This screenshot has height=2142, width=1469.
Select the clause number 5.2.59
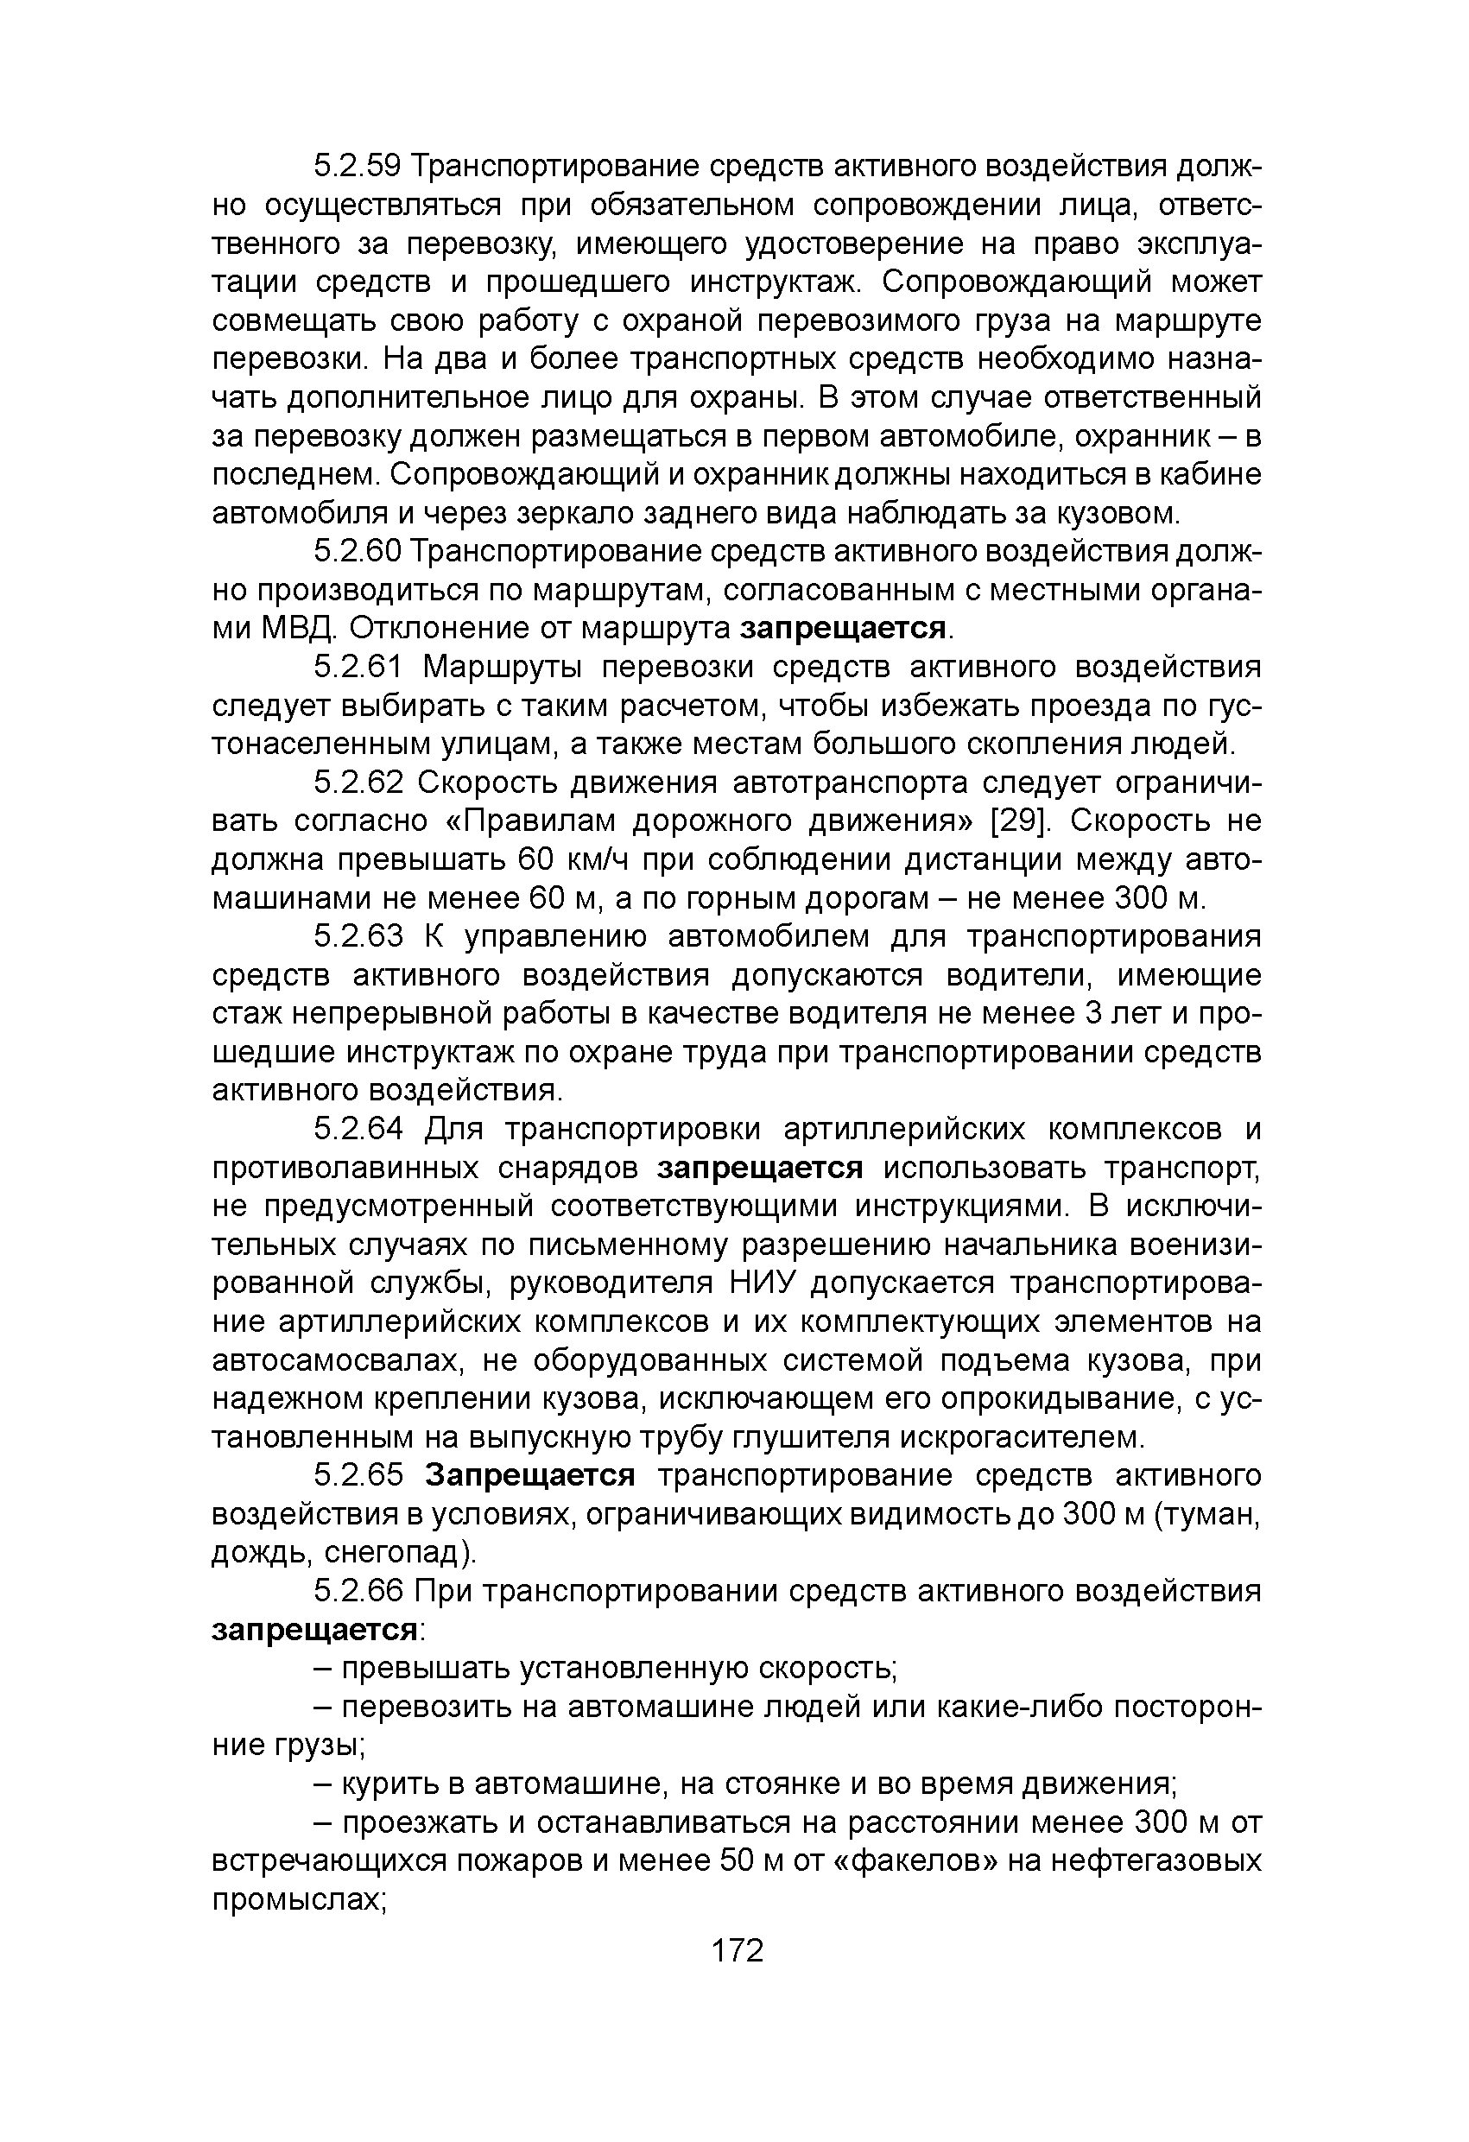tap(358, 167)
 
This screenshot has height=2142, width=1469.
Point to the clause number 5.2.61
tap(358, 667)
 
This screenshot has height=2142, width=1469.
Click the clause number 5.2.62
tap(358, 783)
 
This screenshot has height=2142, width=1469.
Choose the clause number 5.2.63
tap(358, 936)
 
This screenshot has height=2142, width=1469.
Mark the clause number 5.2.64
tap(358, 1129)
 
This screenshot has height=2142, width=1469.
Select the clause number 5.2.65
tap(358, 1475)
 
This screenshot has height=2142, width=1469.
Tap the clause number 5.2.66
tap(358, 1592)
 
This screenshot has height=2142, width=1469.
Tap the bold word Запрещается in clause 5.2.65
tap(530, 1475)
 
